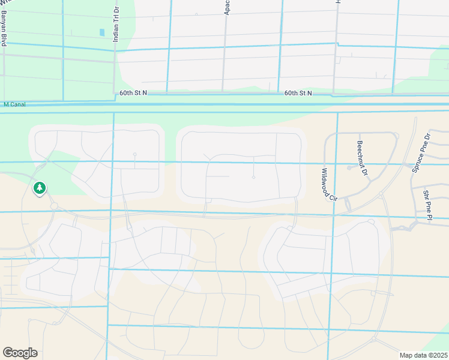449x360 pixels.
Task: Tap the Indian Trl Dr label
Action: pyautogui.click(x=116, y=23)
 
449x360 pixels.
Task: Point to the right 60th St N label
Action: pyautogui.click(x=298, y=93)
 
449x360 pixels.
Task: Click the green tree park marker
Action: pyautogui.click(x=40, y=188)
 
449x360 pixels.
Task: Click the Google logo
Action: pyautogui.click(x=20, y=353)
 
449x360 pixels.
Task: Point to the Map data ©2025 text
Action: pyautogui.click(x=423, y=355)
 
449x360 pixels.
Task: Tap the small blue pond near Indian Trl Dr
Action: pyautogui.click(x=101, y=32)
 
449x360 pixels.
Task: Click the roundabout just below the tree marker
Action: pyautogui.click(x=53, y=206)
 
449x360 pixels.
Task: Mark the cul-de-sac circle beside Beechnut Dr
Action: pyautogui.click(x=349, y=168)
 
